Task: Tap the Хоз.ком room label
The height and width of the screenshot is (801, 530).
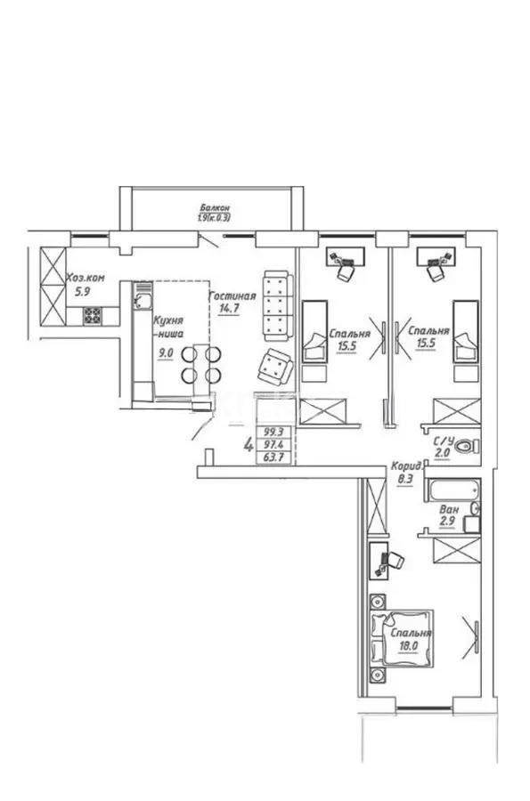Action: pyautogui.click(x=86, y=278)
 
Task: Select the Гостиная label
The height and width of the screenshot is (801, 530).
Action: pyautogui.click(x=232, y=296)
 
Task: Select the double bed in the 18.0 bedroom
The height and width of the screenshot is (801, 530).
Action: pyautogui.click(x=402, y=635)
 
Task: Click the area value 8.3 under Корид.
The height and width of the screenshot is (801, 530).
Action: pyautogui.click(x=405, y=478)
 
